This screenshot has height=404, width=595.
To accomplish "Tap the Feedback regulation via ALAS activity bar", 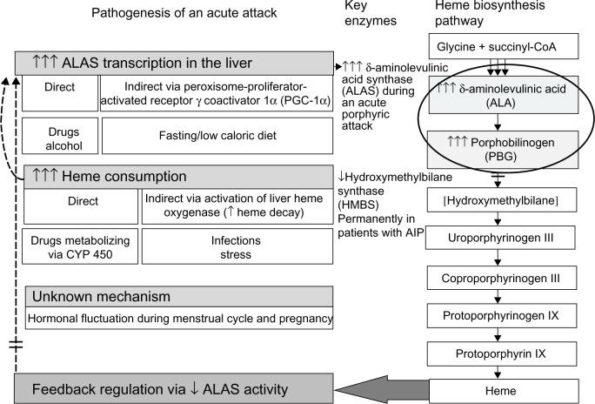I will (x=174, y=386).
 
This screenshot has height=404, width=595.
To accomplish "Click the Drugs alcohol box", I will (x=56, y=135).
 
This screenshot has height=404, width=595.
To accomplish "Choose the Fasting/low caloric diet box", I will (x=217, y=135).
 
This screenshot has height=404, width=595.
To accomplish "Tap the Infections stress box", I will (x=237, y=248).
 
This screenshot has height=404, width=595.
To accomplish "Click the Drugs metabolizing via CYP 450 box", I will (x=80, y=248).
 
